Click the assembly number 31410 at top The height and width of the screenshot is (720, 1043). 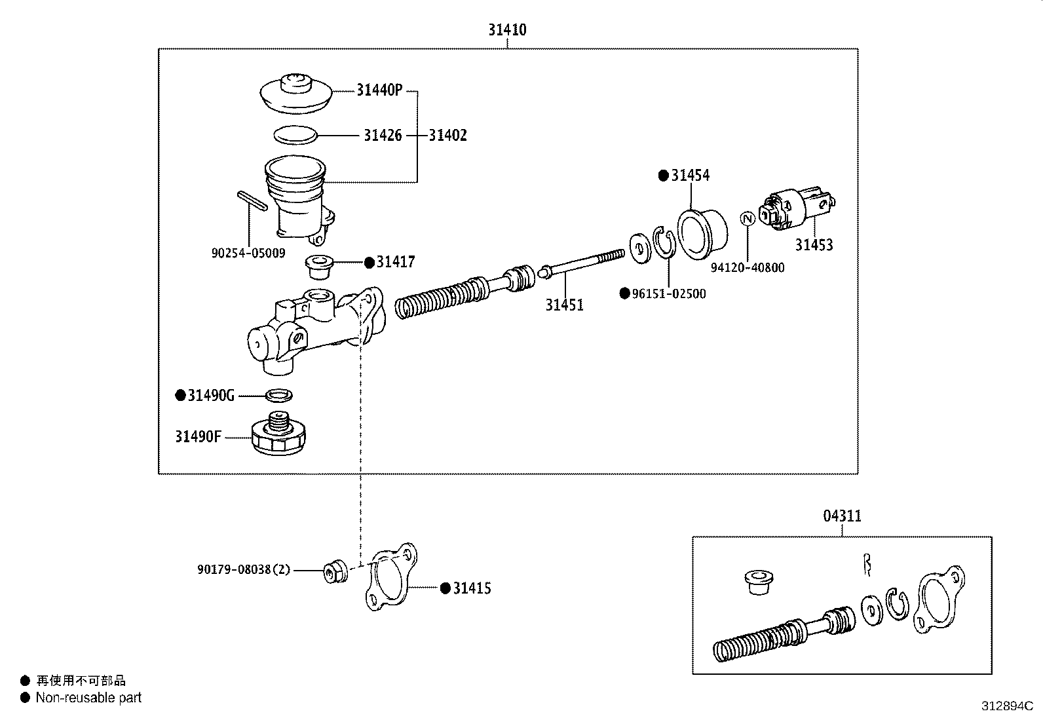(x=506, y=29)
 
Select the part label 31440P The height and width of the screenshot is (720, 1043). (x=379, y=90)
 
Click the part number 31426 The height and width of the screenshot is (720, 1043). (x=383, y=136)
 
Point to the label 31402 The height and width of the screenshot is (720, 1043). (x=447, y=136)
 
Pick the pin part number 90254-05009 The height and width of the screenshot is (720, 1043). (x=248, y=253)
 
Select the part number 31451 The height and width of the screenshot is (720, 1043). (x=564, y=305)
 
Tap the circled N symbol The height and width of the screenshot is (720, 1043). (x=747, y=219)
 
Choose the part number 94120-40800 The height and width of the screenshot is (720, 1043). (x=747, y=268)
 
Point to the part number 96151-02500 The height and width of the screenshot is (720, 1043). (x=668, y=294)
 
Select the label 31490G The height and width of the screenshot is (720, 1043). (x=210, y=396)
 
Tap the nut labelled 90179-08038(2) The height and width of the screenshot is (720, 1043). (x=335, y=572)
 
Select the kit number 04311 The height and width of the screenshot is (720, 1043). (x=842, y=516)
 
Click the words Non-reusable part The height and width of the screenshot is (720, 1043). (x=88, y=698)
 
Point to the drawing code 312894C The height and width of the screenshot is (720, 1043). (x=1006, y=706)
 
